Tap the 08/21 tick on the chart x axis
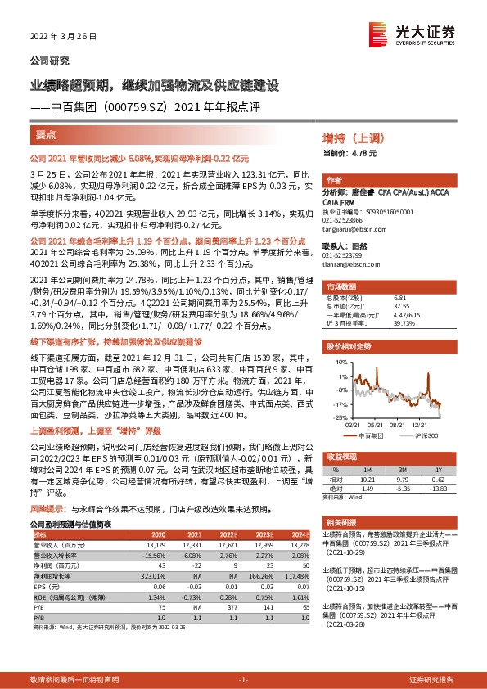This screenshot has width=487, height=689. click(x=399, y=425)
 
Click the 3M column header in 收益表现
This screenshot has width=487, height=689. click(x=403, y=469)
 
